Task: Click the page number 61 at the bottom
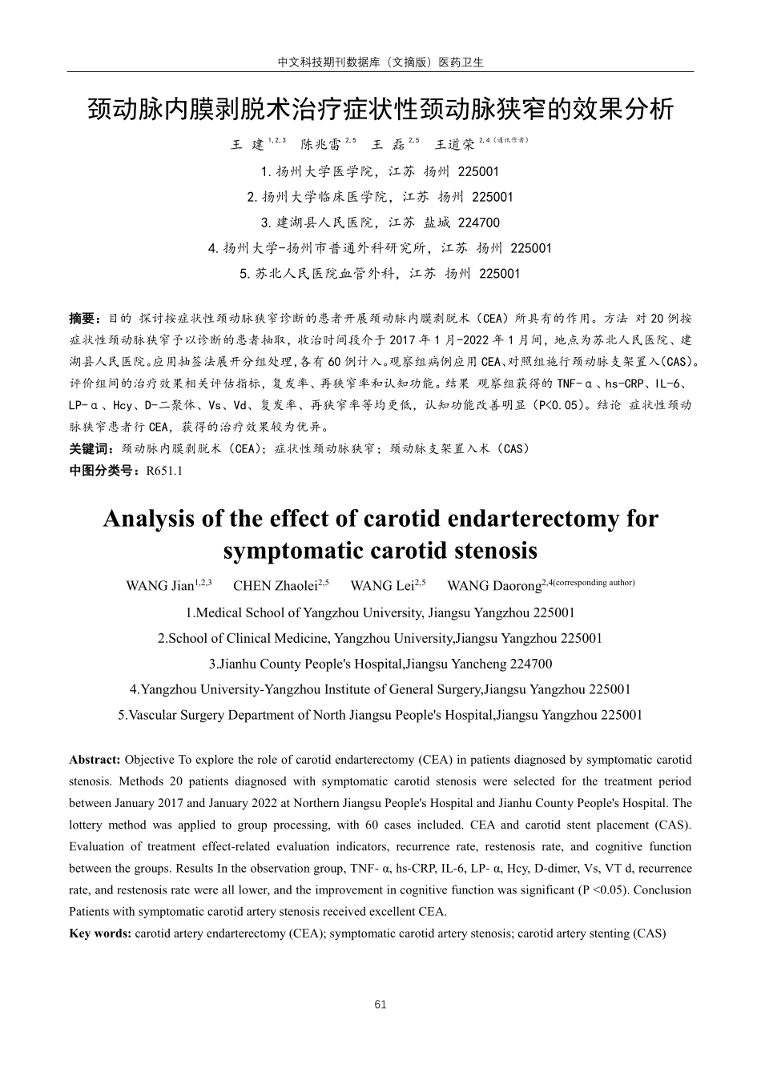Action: pyautogui.click(x=380, y=1005)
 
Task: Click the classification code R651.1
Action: pyautogui.click(x=164, y=471)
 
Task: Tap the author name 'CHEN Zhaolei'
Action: pyautogui.click(x=275, y=586)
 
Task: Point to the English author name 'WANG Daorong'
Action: pyautogui.click(x=493, y=586)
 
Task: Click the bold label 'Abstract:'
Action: pyautogui.click(x=95, y=760)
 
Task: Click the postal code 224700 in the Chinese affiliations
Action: pyautogui.click(x=478, y=223)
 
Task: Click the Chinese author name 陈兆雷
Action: pyautogui.click(x=320, y=145)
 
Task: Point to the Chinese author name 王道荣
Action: pyautogui.click(x=454, y=145)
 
